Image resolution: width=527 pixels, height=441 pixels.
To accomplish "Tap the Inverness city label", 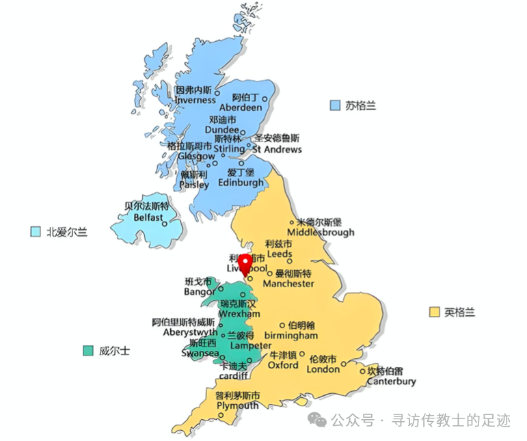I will click(195, 100).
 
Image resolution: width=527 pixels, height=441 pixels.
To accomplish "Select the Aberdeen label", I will click(241, 107).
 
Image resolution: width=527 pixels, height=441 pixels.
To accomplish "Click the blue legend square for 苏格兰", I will click(335, 105).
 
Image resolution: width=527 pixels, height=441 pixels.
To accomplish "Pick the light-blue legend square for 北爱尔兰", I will click(36, 232).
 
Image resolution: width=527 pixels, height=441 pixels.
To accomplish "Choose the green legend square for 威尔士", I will click(87, 351).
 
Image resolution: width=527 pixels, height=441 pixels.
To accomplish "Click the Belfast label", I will click(148, 217).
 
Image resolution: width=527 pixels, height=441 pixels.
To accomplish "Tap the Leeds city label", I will click(280, 254).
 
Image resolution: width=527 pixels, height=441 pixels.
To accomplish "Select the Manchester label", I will click(288, 283).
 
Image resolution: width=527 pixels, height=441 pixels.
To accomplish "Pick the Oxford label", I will click(283, 365).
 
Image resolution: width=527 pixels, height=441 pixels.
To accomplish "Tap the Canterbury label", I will click(392, 381).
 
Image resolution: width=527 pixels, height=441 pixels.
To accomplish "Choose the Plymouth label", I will click(237, 405).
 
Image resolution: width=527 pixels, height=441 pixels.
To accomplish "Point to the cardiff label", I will click(234, 376).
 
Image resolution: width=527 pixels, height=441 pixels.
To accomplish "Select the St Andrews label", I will click(277, 148).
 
